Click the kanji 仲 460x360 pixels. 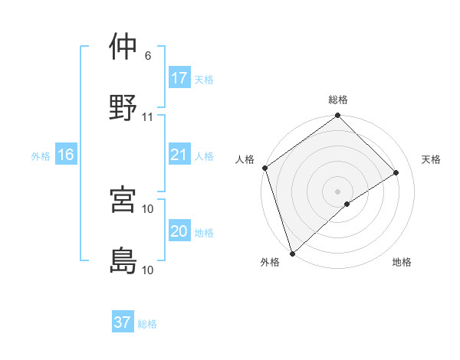tap(124, 47)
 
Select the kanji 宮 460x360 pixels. tap(124, 200)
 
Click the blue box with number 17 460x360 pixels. tap(179, 78)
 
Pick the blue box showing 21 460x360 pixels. tap(179, 155)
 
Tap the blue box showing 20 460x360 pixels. tap(179, 231)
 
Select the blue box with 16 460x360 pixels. tap(66, 155)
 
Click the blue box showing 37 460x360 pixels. tap(123, 322)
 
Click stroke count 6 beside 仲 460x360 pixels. tap(148, 56)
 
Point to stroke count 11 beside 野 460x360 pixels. tap(148, 117)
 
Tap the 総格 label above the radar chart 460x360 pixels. tap(338, 100)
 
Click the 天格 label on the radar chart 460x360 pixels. tap(431, 159)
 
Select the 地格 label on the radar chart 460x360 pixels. tap(402, 263)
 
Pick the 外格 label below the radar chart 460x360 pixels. tap(270, 263)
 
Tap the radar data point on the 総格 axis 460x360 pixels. tap(338, 116)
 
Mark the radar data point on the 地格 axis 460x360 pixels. tap(347, 204)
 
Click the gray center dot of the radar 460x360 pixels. tap(338, 191)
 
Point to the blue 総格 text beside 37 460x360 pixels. tap(147, 324)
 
